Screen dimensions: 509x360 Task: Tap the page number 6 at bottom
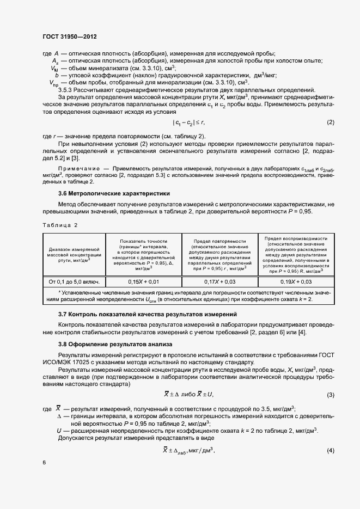[x=44, y=462]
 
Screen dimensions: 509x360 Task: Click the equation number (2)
[x=330, y=137]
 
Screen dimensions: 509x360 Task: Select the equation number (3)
[x=330, y=395]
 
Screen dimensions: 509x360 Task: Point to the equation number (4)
[x=330, y=450]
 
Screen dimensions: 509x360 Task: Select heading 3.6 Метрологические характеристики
[x=114, y=193]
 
